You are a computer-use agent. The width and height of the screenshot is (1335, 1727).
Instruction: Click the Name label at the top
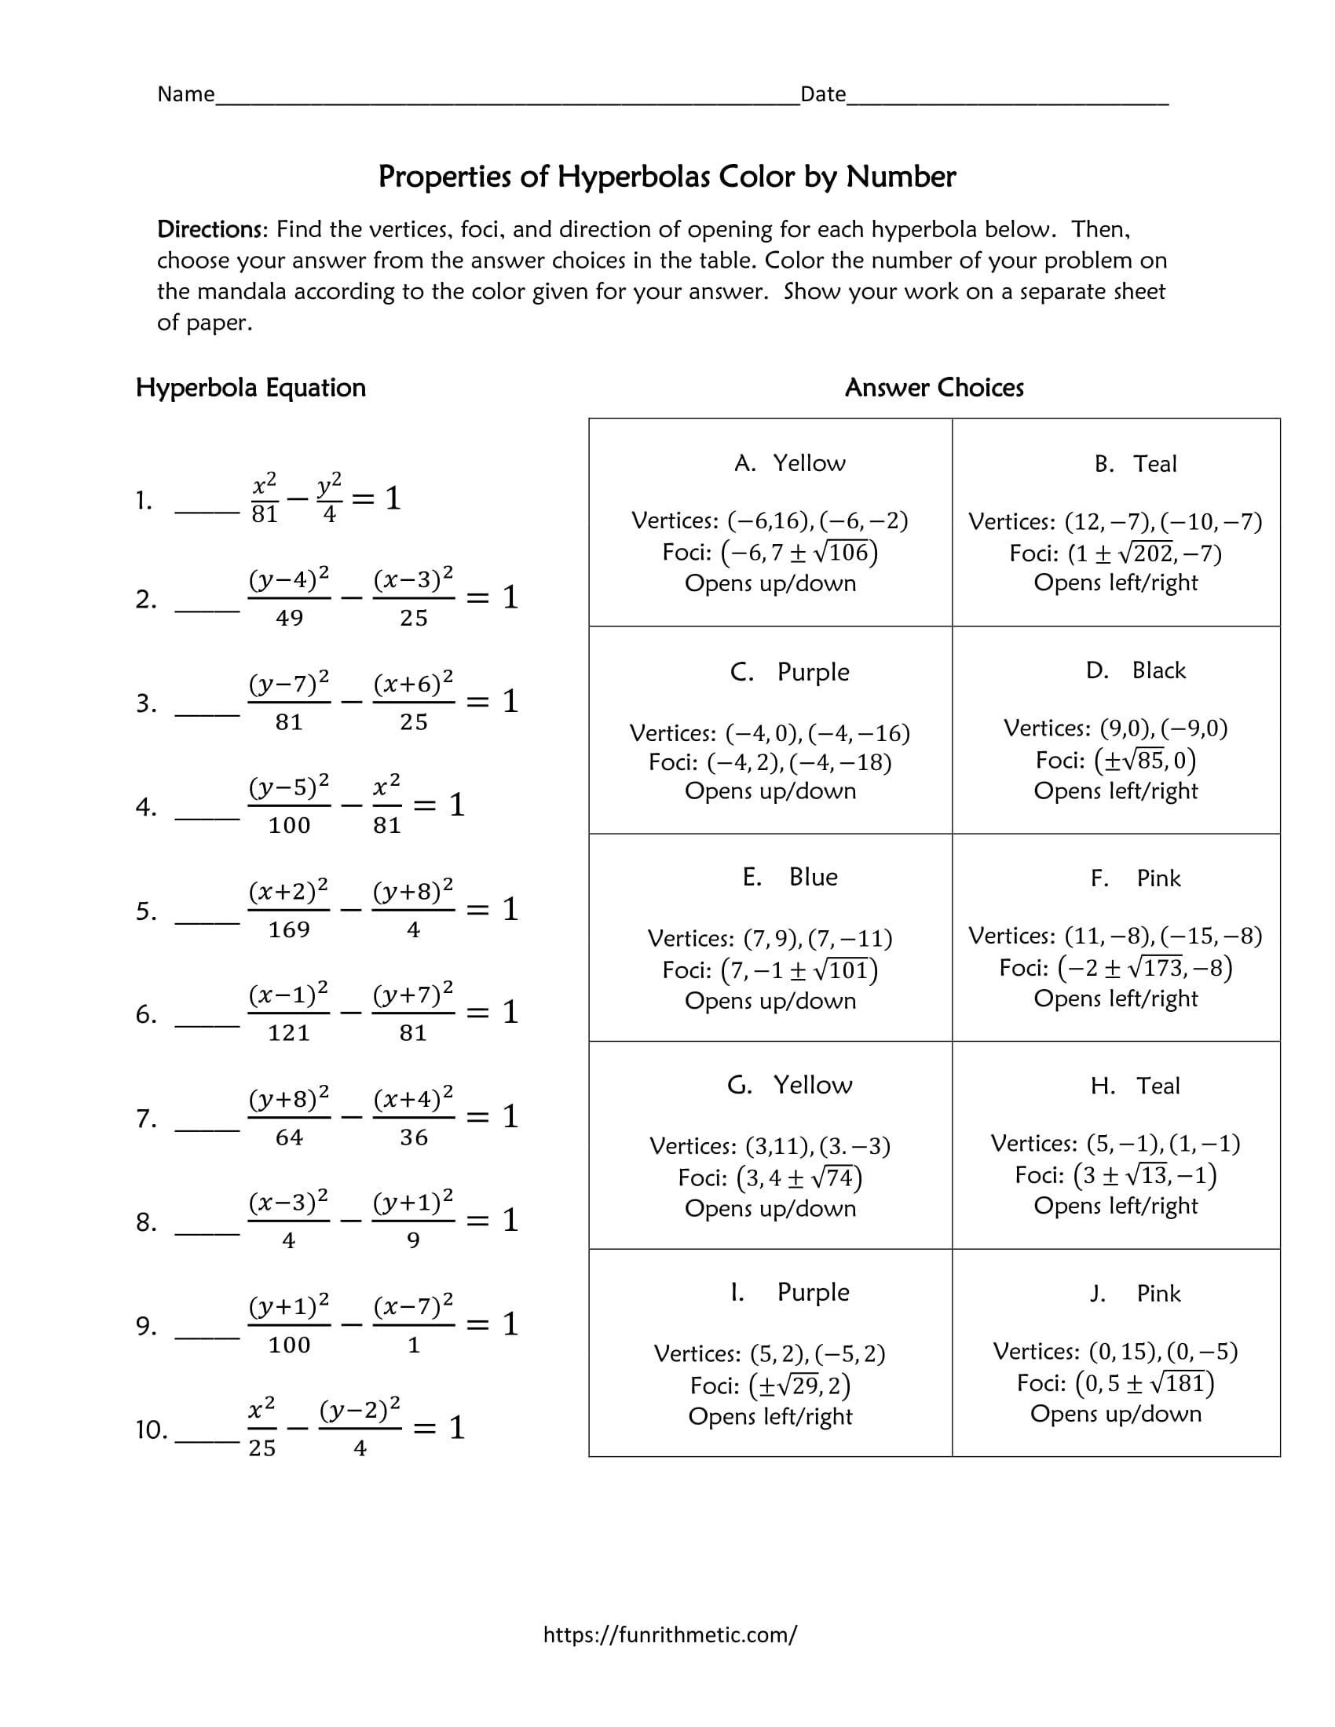tap(186, 94)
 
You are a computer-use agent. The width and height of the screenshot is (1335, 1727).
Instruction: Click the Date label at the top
tap(822, 94)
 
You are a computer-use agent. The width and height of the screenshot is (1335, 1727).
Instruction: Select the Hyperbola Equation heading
tap(251, 388)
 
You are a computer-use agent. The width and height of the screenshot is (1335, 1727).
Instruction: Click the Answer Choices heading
tap(934, 388)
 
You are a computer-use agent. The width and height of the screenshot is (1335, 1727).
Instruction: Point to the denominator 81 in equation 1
tap(264, 515)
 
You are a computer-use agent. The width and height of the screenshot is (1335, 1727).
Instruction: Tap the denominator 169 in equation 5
tap(289, 930)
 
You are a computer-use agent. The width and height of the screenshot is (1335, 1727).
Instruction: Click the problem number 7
tap(145, 1118)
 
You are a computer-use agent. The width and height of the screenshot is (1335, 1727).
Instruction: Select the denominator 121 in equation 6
tap(289, 1033)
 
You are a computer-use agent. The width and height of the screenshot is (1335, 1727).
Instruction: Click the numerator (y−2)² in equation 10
tap(360, 1410)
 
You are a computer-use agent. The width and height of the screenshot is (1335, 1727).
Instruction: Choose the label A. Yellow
tap(789, 463)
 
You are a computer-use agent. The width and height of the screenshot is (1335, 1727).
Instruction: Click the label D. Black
tap(1136, 670)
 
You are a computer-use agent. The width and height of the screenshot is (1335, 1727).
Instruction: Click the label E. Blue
tap(789, 877)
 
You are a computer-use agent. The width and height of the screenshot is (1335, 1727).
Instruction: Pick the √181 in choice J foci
tap(1178, 1383)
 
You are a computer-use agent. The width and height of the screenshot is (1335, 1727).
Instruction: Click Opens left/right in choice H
tap(1115, 1206)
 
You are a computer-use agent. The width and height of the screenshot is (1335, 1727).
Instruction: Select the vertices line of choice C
tap(770, 733)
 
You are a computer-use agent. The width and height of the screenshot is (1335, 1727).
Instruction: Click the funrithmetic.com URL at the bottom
tap(670, 1634)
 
